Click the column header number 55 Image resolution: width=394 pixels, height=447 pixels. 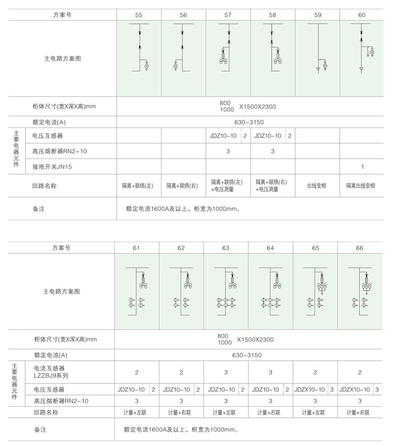[x=138, y=15]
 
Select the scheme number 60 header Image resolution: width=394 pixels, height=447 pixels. [x=362, y=15]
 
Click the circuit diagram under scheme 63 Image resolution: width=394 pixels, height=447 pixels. [x=226, y=291]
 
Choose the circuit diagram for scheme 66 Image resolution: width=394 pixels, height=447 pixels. [x=360, y=291]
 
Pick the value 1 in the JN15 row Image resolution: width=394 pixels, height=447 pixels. [x=362, y=167]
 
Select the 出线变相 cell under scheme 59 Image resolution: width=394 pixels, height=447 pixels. [x=317, y=186]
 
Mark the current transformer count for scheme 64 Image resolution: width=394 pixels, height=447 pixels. [x=270, y=372]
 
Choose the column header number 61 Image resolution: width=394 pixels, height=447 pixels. [x=136, y=248]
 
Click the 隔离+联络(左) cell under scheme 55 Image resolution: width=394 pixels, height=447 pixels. [x=138, y=186]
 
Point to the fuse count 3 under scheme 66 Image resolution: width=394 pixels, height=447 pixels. [x=360, y=401]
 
